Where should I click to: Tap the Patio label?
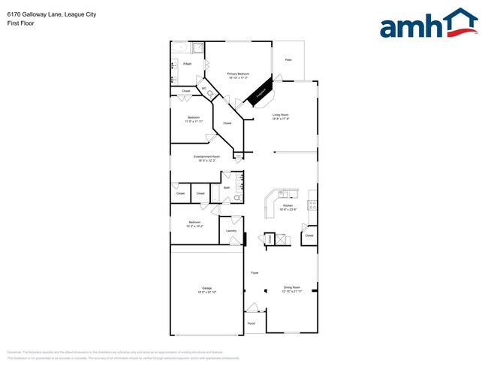tap(288, 59)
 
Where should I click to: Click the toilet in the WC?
tap(209, 94)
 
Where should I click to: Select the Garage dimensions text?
tap(206, 292)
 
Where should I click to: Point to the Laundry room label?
tap(231, 231)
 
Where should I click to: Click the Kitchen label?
tap(288, 205)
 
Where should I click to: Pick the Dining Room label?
tap(292, 287)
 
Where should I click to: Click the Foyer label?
tap(255, 272)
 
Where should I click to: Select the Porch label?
tap(251, 323)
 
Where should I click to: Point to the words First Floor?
tap(20, 23)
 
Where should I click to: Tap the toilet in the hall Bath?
tap(236, 198)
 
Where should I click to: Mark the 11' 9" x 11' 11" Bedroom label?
tap(194, 120)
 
